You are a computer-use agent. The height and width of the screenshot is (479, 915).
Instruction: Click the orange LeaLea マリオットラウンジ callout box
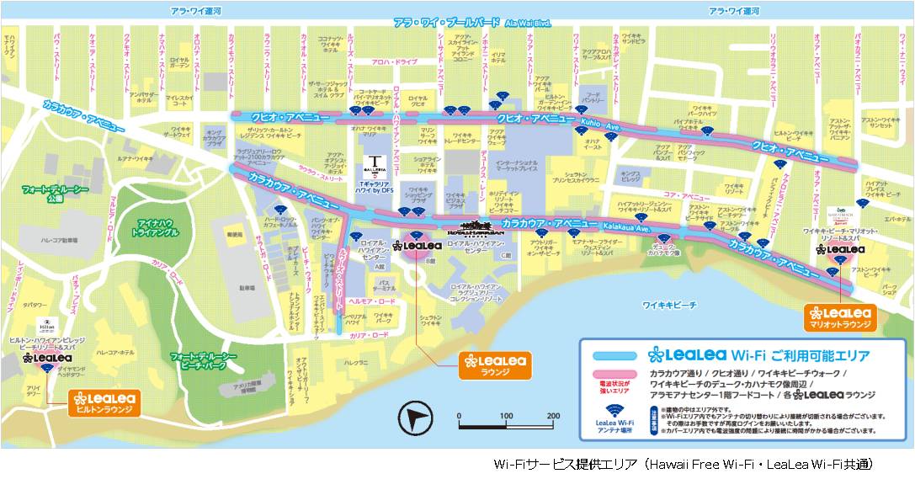(841, 317)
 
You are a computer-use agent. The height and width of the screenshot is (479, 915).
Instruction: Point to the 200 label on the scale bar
(553, 416)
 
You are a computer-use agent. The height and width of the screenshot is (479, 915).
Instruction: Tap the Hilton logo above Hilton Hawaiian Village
(47, 323)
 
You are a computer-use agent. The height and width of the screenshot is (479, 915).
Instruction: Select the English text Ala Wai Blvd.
(529, 24)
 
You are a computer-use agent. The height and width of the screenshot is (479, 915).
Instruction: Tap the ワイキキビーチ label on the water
(669, 306)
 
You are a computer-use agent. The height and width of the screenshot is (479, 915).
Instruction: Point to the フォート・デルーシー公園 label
(55, 194)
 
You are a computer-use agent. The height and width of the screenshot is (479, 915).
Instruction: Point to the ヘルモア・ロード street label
(371, 301)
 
